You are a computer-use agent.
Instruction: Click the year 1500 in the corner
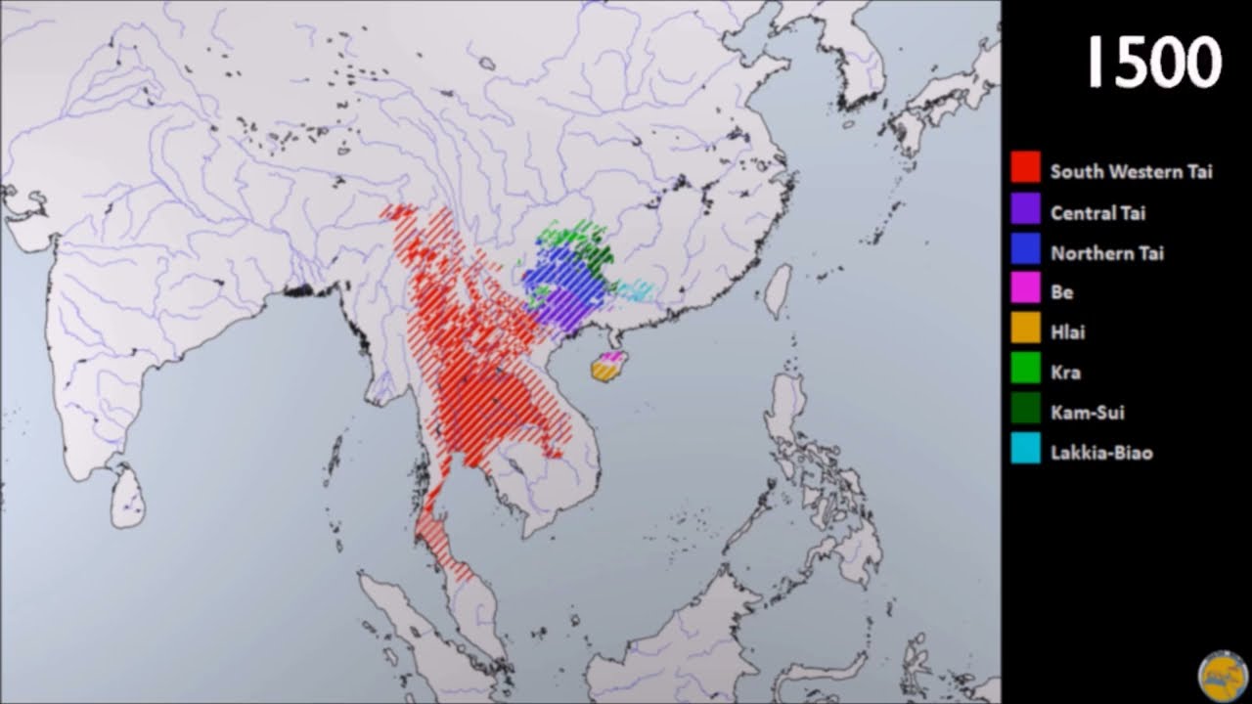pyautogui.click(x=1154, y=64)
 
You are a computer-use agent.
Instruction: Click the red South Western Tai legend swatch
pyautogui.click(x=1026, y=167)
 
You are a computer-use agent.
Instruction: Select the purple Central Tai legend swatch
pyautogui.click(x=1026, y=208)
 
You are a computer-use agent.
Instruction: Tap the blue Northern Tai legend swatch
pyautogui.click(x=1026, y=249)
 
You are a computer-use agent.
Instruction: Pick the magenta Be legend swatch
pyautogui.click(x=1026, y=289)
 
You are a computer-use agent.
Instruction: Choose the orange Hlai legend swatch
pyautogui.click(x=1026, y=330)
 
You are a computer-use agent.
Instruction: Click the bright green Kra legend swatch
pyautogui.click(x=1026, y=370)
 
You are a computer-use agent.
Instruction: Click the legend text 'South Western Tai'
pyautogui.click(x=1131, y=171)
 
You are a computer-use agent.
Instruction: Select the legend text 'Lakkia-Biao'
pyautogui.click(x=1101, y=453)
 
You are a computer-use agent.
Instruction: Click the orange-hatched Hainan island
pyautogui.click(x=604, y=372)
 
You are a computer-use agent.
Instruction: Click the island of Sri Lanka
pyautogui.click(x=128, y=497)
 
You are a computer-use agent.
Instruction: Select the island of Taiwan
pyautogui.click(x=777, y=290)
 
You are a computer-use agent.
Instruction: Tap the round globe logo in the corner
pyautogui.click(x=1222, y=676)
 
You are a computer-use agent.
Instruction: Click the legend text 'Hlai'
pyautogui.click(x=1067, y=332)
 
